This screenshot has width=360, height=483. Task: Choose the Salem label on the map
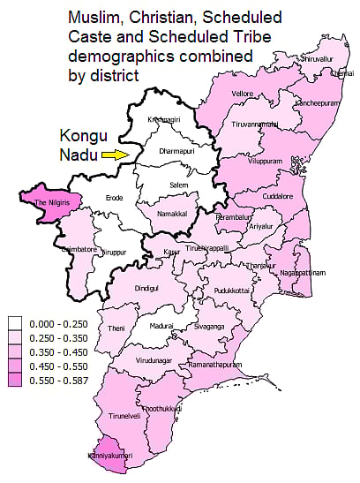coord(179,183)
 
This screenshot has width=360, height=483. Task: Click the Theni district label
coord(116,328)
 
